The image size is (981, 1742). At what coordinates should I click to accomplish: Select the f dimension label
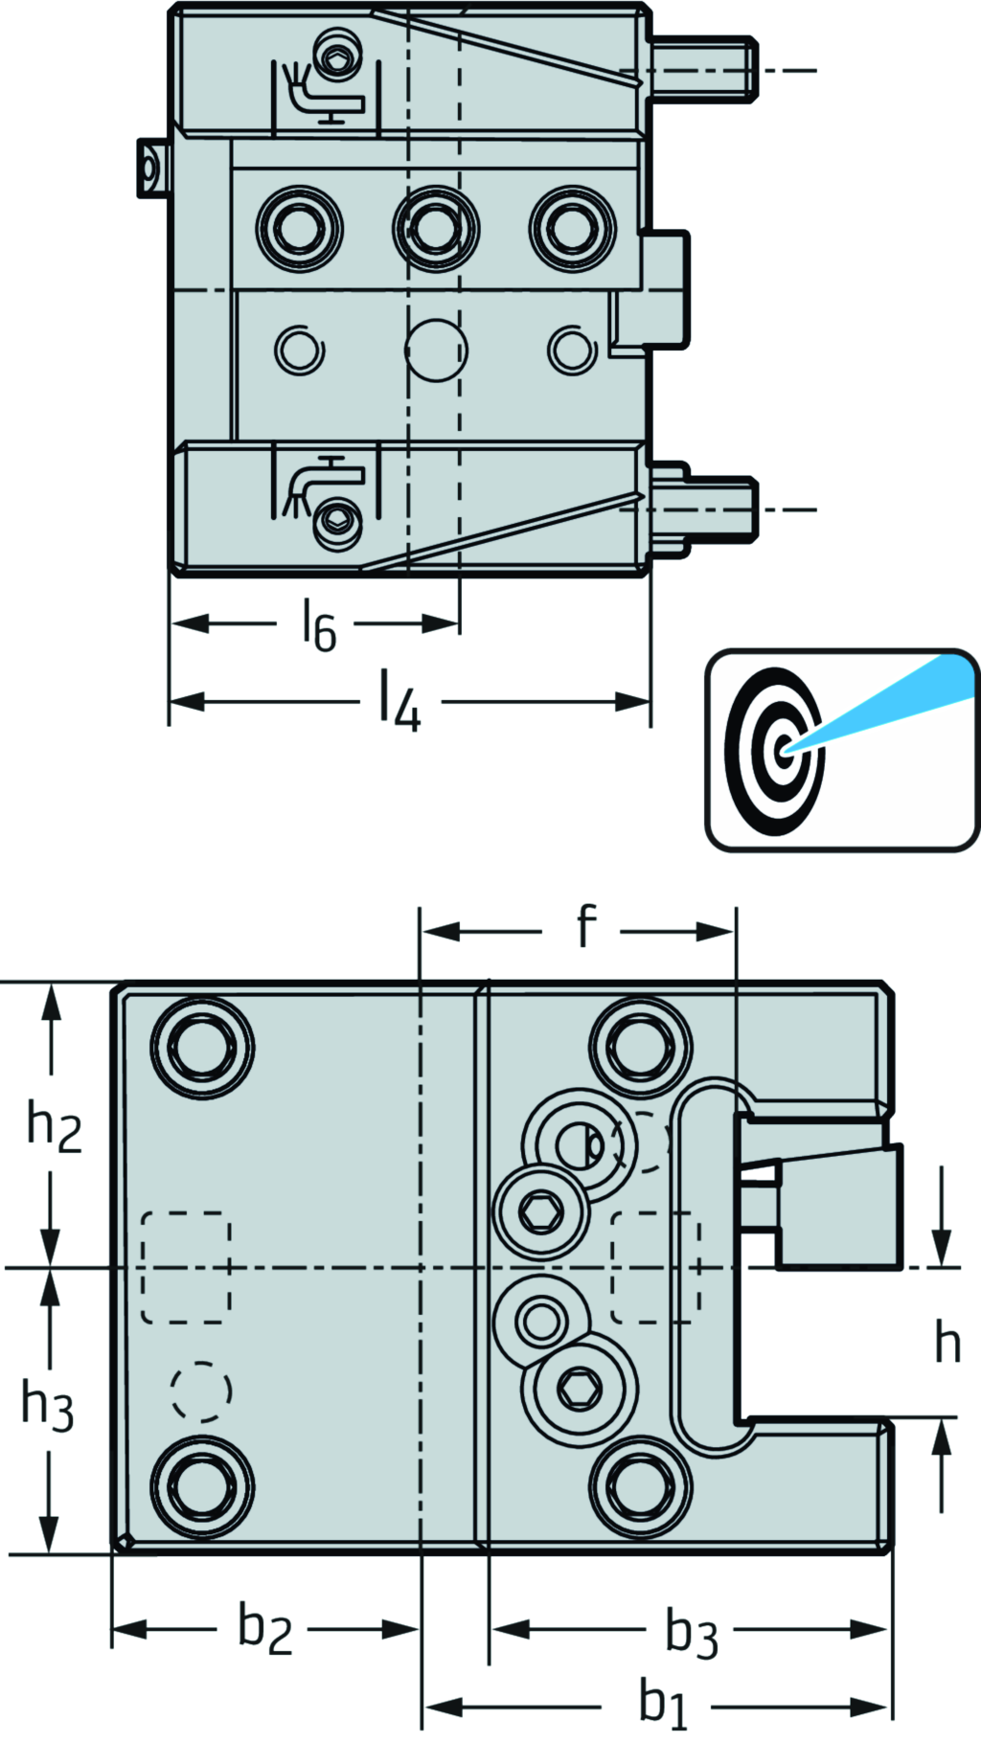[x=585, y=927]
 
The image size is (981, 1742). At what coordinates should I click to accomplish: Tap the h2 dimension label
[x=54, y=1126]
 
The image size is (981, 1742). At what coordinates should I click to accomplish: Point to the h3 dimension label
[x=48, y=1407]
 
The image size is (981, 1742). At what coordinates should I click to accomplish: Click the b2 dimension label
[x=264, y=1629]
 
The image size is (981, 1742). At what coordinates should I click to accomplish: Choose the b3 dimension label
[x=691, y=1633]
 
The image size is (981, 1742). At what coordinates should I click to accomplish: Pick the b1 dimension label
[x=663, y=1706]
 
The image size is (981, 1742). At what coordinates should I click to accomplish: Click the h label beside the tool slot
[x=947, y=1343]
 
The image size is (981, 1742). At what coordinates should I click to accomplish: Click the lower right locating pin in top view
[x=709, y=509]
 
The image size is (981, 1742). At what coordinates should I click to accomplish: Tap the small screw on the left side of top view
[x=148, y=170]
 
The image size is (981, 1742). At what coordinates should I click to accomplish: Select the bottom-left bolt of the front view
[x=203, y=1485]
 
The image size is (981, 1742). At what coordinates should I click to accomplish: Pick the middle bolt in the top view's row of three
[x=436, y=229]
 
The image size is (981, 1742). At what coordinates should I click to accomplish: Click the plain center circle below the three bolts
[x=436, y=350]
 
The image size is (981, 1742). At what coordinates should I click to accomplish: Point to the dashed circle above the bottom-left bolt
[x=201, y=1391]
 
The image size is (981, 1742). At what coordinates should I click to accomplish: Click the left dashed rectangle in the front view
[x=186, y=1267]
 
